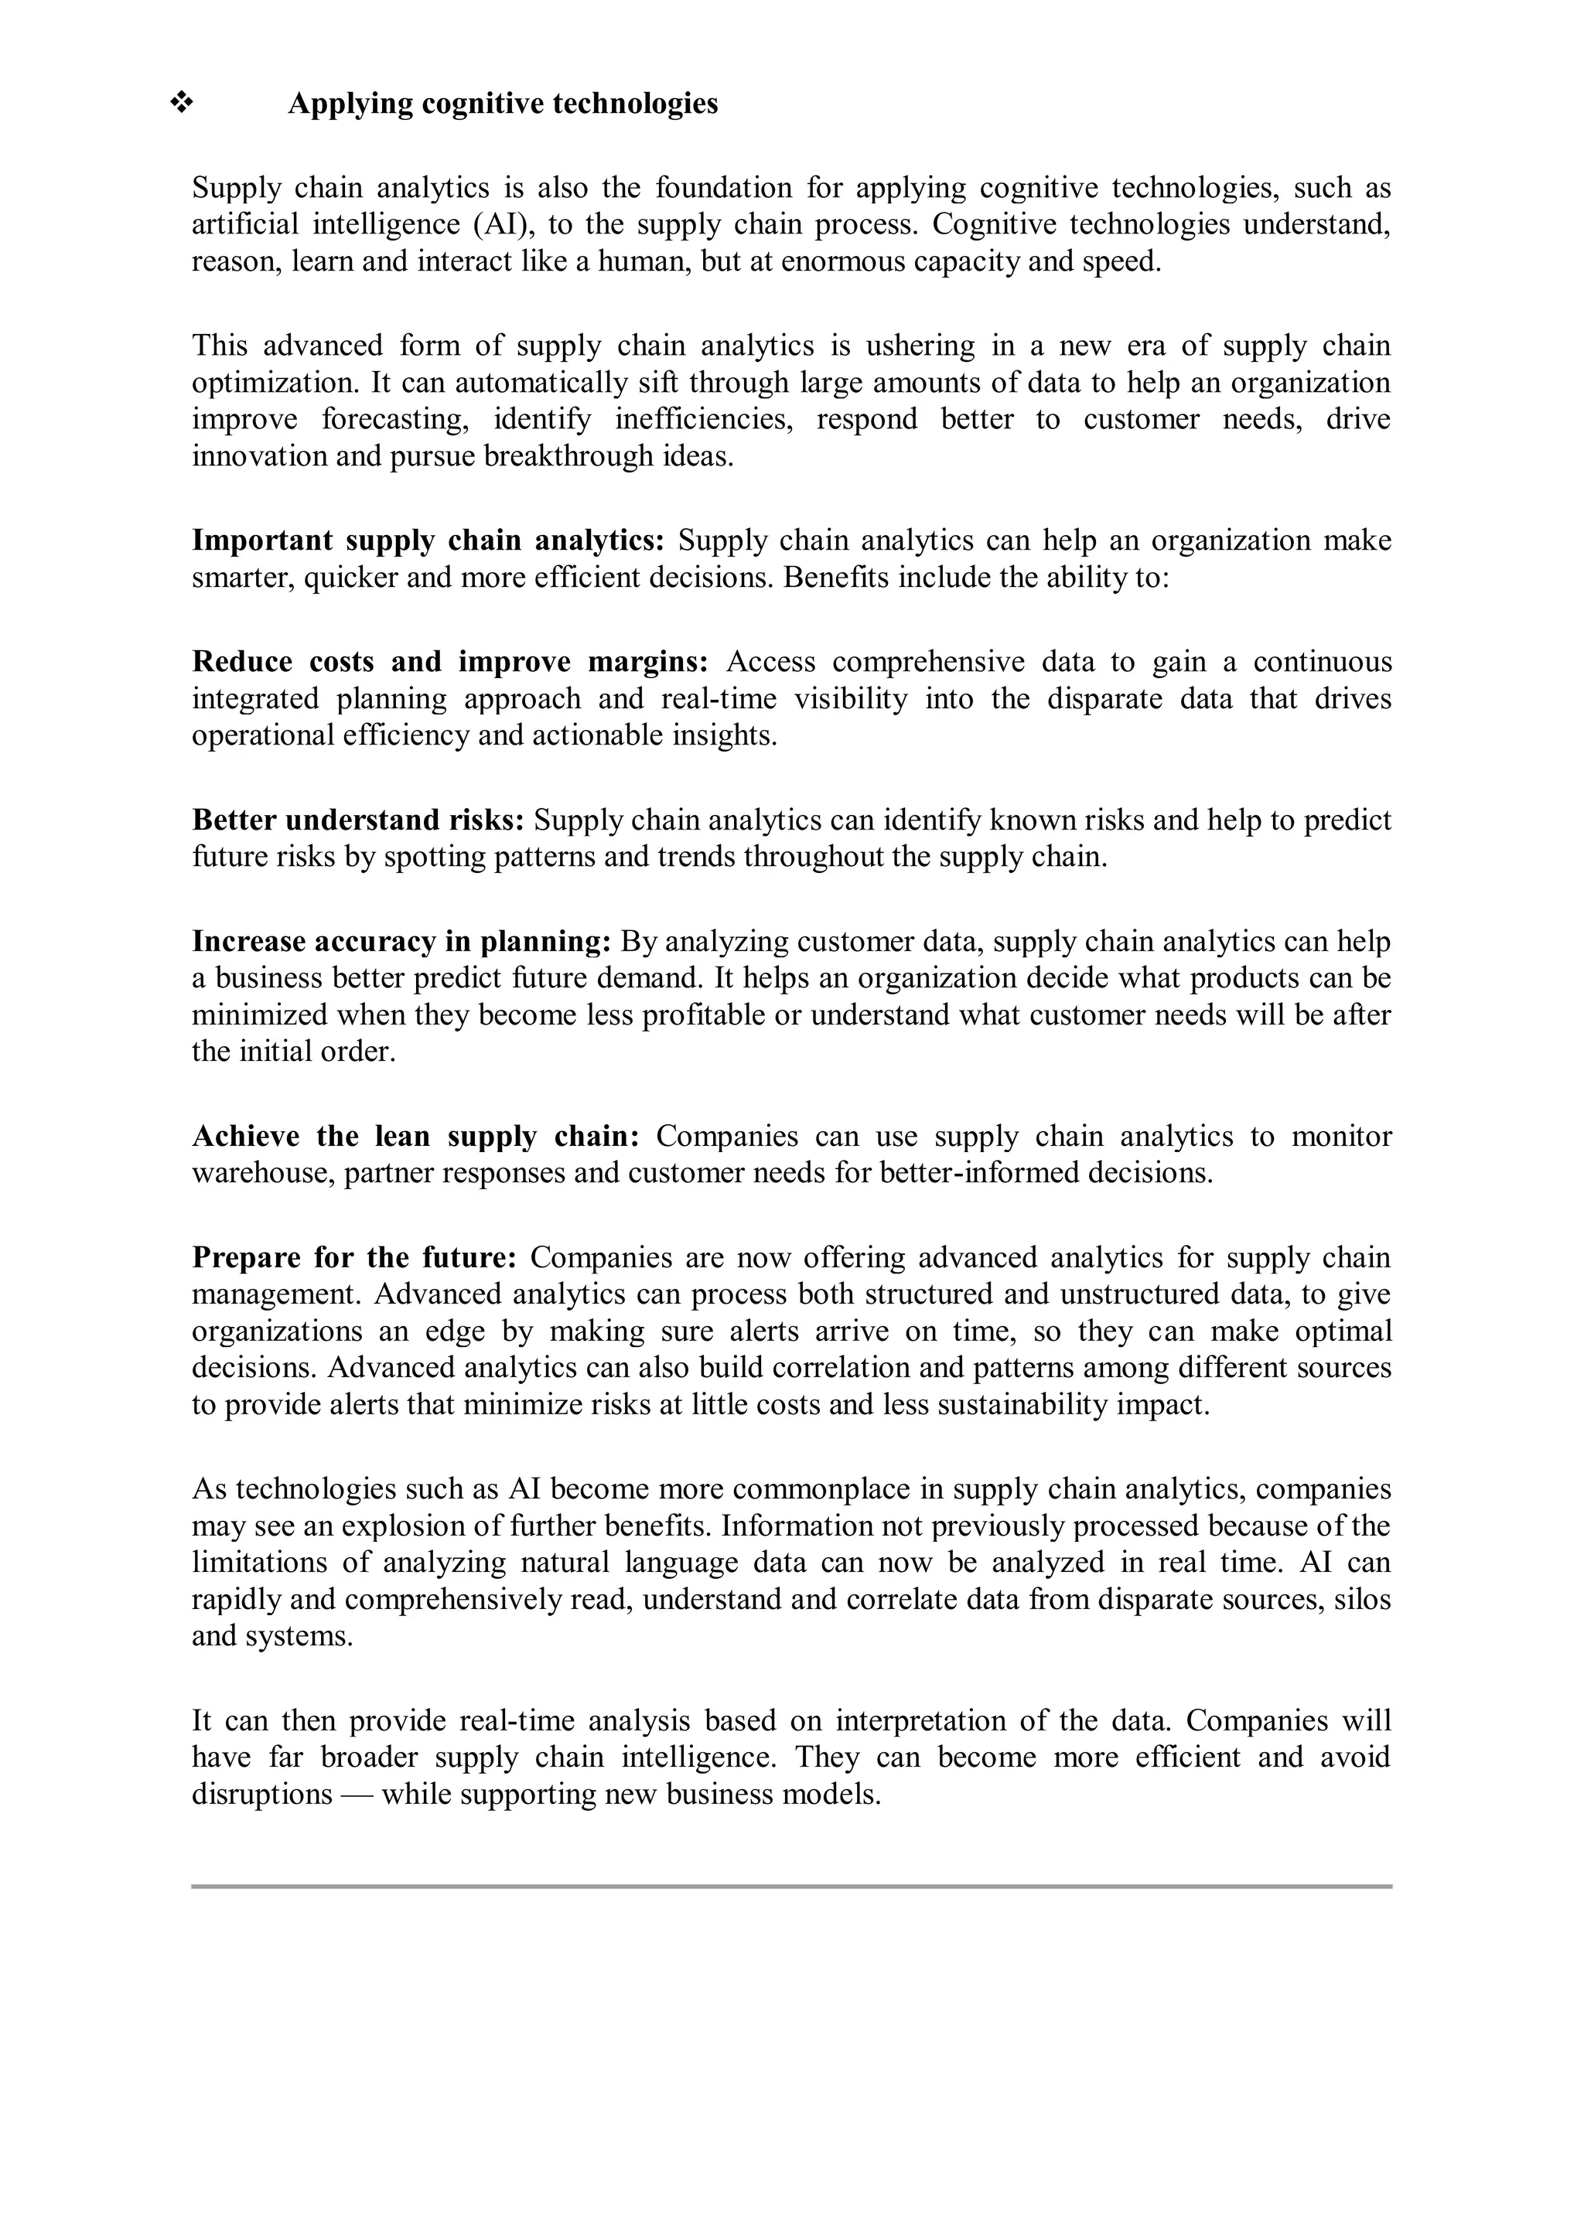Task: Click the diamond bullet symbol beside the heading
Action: (182, 102)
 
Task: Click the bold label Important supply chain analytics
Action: (428, 540)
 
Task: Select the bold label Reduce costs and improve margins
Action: (450, 663)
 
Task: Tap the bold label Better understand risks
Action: (358, 820)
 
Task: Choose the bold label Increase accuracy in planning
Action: (401, 943)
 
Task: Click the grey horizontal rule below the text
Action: (791, 1887)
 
